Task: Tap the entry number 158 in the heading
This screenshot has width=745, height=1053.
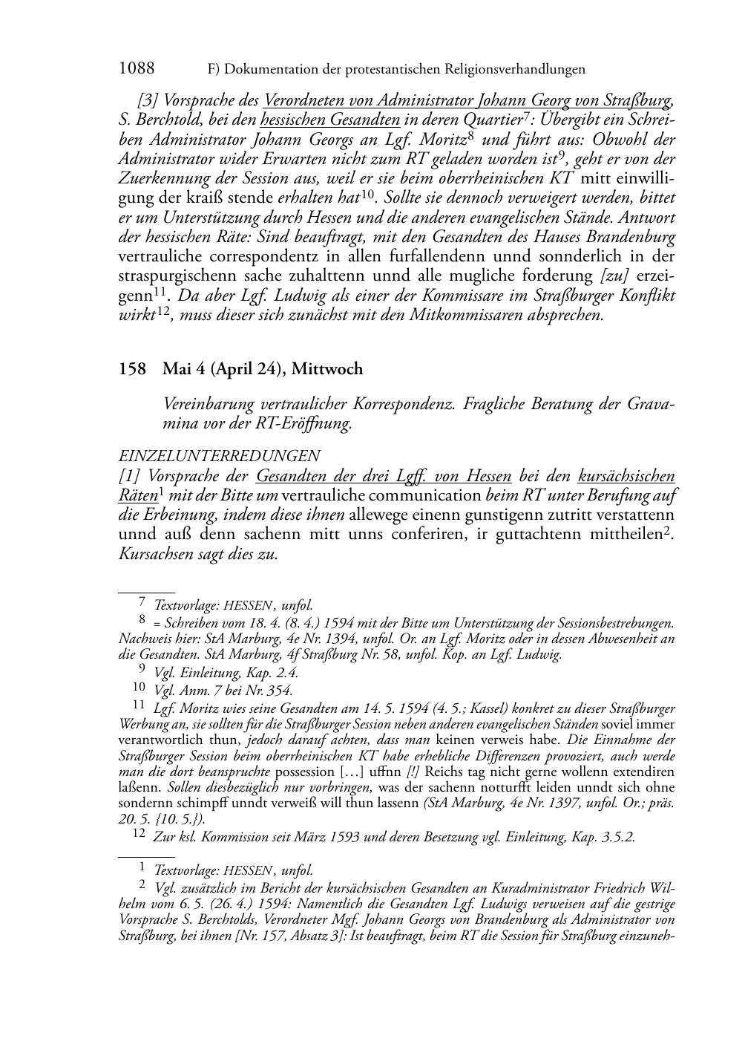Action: [x=132, y=369]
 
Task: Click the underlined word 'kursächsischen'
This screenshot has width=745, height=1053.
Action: [x=626, y=476]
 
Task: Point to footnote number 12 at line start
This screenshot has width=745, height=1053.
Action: [x=140, y=835]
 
